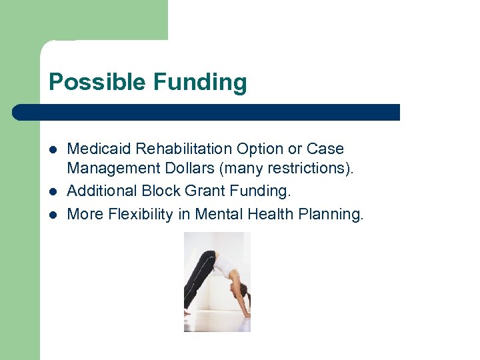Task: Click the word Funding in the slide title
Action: pos(200,83)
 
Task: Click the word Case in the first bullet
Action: pos(325,149)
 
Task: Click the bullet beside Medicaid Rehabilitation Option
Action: pos(53,149)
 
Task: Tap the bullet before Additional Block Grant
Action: pos(53,192)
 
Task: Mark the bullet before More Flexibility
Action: pos(53,215)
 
